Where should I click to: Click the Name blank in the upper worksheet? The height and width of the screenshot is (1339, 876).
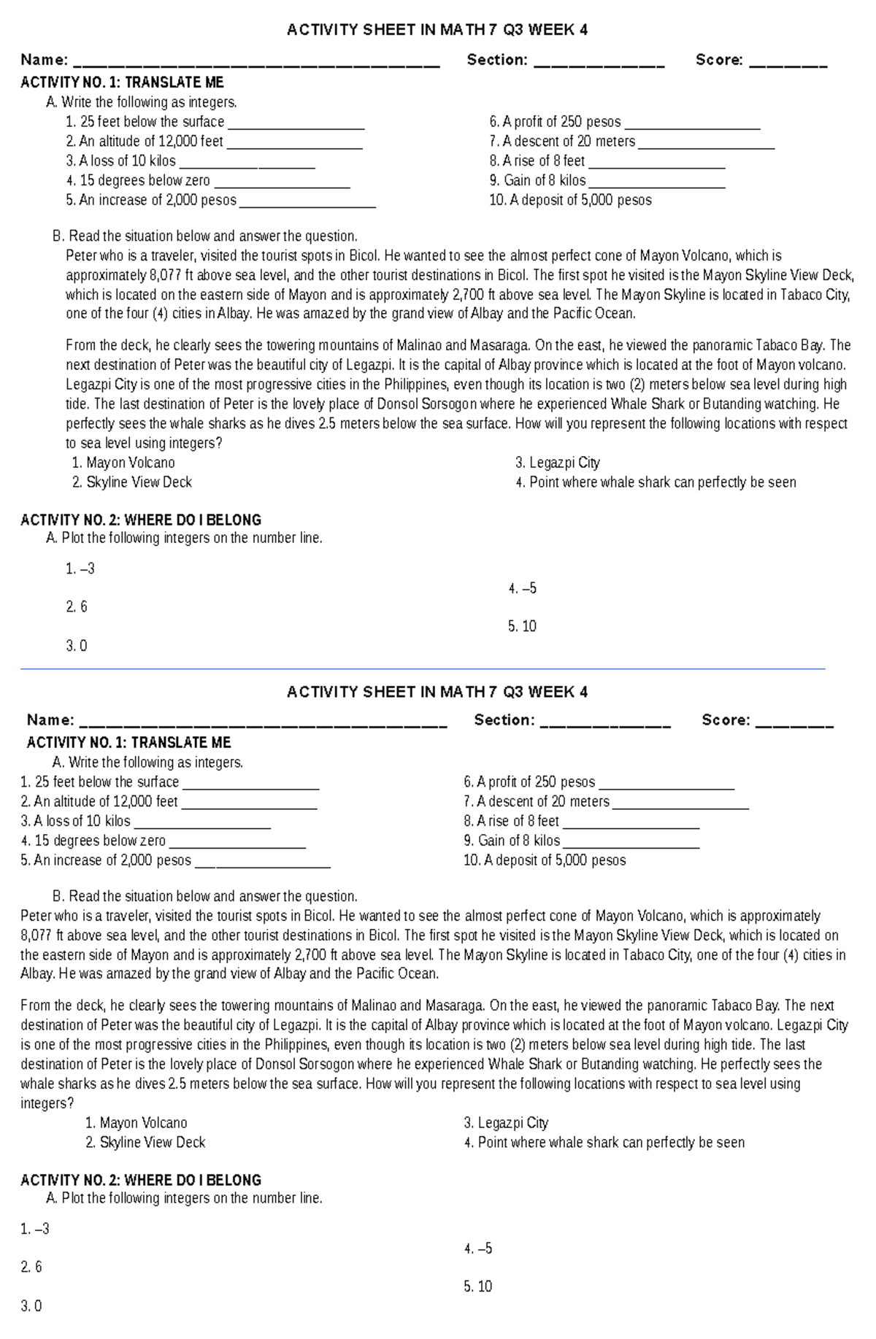click(x=256, y=65)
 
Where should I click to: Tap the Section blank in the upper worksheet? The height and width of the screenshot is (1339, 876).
click(x=599, y=65)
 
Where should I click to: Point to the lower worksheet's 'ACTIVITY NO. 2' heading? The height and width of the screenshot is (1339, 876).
click(x=141, y=1180)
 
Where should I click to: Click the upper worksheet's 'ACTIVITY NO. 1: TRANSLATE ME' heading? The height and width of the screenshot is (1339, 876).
click(x=122, y=82)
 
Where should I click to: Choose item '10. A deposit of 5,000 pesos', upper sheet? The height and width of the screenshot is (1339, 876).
click(x=570, y=200)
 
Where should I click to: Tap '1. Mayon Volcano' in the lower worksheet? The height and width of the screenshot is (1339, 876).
click(x=137, y=1123)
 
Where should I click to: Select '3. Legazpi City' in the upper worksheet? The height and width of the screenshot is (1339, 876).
click(x=557, y=463)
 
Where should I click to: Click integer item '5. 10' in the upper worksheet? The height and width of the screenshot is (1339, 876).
click(x=522, y=626)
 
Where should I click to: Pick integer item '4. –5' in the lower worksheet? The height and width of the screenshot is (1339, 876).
click(x=478, y=1249)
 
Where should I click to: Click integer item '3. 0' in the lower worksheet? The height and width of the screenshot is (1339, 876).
click(x=31, y=1306)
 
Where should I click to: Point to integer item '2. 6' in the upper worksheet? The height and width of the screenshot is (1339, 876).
click(x=76, y=607)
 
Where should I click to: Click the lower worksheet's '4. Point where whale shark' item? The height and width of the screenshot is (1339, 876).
click(x=604, y=1143)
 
